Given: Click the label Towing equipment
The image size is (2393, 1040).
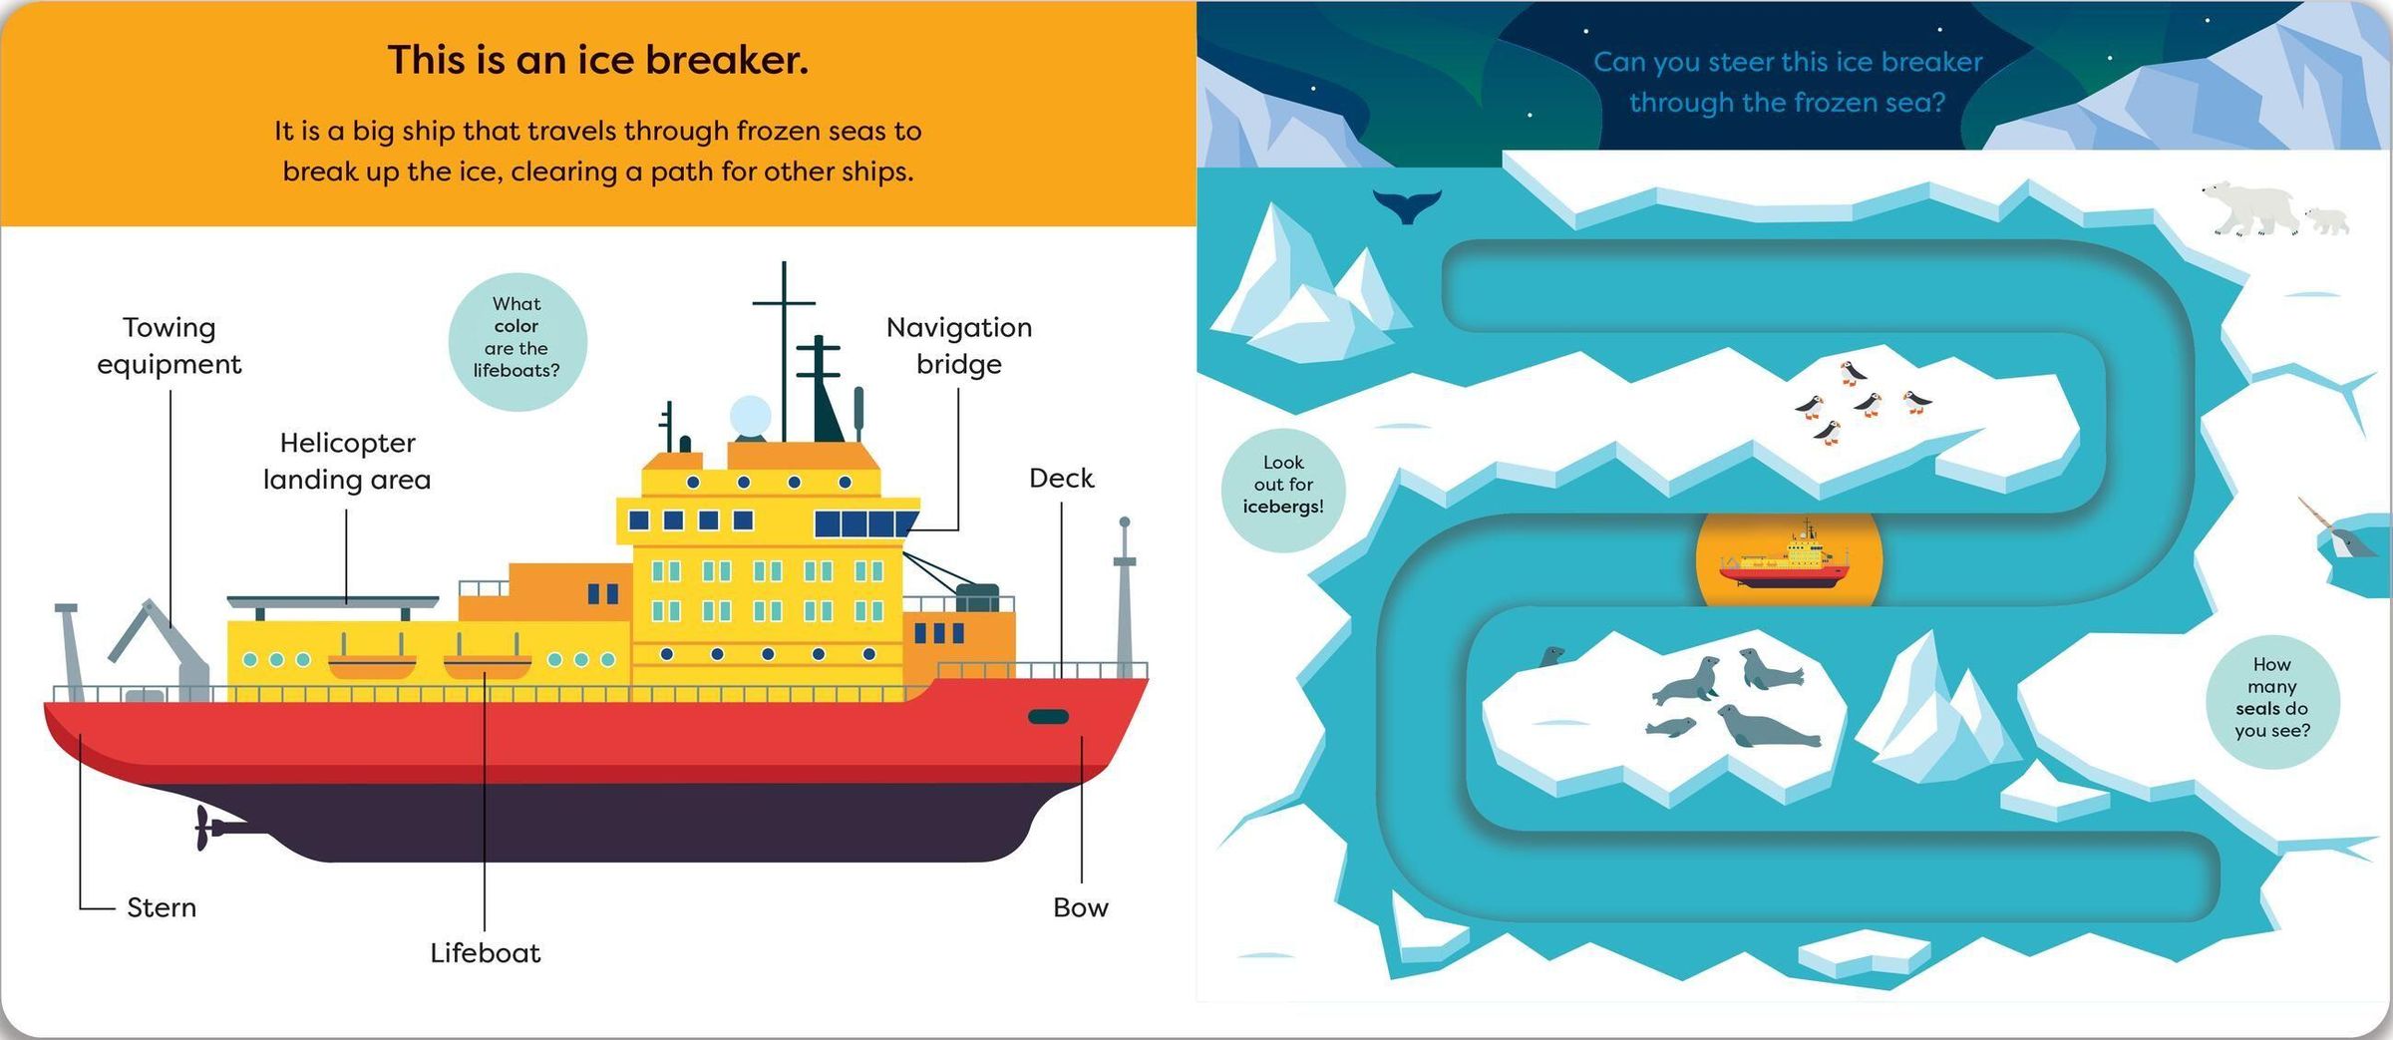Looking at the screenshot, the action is pos(170,345).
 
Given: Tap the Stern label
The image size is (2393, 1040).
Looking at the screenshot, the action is pos(162,907).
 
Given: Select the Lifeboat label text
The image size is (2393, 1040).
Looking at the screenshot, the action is pos(486,953).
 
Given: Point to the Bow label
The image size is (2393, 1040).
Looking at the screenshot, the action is pos(1081,907).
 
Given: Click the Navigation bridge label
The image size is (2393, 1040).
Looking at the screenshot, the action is pos(959,345).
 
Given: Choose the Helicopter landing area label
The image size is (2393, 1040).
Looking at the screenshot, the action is pos(347,461).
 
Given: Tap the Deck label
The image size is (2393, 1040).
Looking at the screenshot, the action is pos(1062,479).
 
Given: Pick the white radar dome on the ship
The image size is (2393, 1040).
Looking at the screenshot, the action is pos(750,416).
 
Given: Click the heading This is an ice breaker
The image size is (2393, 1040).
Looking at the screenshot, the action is pos(598,60).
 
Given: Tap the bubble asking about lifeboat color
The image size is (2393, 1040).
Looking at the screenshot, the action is pos(517,342).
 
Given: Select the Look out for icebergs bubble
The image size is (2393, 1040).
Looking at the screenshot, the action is pos(1283,490).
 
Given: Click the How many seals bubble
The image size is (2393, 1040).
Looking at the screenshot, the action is pos(2272,701).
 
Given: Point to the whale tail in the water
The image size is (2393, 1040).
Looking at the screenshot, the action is pos(1406,205).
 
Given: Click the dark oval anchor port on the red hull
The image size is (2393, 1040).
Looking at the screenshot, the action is pos(1048,717).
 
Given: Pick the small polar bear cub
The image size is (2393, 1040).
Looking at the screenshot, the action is pos(2325,220).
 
